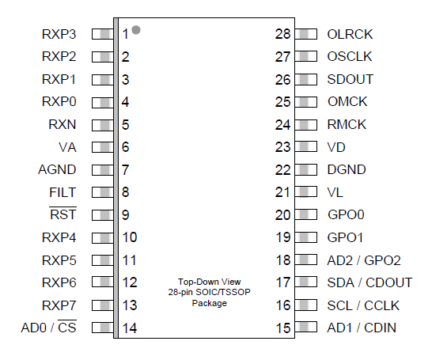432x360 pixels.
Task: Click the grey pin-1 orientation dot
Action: pos(136,30)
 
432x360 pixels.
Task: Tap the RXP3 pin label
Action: pos(59,35)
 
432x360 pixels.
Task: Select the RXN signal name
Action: pos(63,124)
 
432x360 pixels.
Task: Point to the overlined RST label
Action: pos(63,214)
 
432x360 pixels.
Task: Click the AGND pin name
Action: pos(57,169)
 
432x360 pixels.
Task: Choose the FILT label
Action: pos(63,192)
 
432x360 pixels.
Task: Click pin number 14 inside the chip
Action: pos(130,328)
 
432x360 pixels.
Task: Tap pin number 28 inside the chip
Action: pos(282,34)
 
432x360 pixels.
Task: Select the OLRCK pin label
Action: pos(350,35)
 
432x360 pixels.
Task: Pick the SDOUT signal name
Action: pos(351,79)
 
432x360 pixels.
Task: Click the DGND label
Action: pos(347,169)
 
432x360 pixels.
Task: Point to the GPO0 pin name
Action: pos(346,214)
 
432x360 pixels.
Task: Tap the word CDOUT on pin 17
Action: pos(389,282)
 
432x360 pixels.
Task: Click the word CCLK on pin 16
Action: pos(382,305)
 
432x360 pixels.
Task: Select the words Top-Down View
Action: pos(210,282)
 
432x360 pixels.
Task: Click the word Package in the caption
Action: pos(210,303)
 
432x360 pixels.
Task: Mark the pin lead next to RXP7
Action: pos(103,305)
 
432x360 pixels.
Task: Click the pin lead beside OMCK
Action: pos(306,102)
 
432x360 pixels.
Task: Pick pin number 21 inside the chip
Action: pos(282,192)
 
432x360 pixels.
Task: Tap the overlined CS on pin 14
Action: pos(67,327)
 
